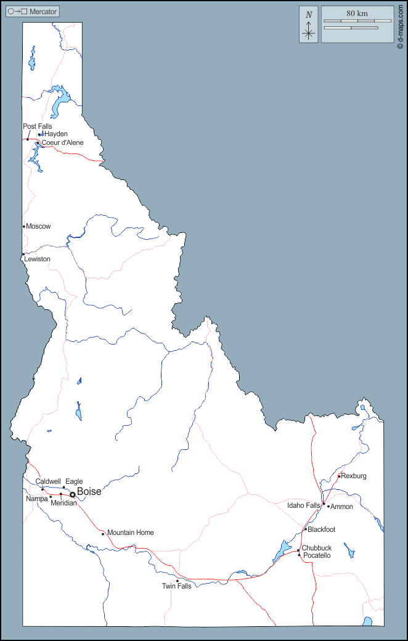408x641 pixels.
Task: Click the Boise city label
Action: (x=89, y=492)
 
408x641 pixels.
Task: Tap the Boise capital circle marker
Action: (x=72, y=494)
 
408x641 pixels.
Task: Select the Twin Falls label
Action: (x=176, y=586)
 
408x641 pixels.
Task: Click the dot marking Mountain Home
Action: (x=103, y=534)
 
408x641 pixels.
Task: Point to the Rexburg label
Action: (x=354, y=476)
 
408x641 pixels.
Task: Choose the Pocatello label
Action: (x=317, y=555)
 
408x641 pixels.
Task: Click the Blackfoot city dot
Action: (x=305, y=529)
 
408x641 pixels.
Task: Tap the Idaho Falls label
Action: (x=304, y=505)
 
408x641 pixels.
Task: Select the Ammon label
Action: (x=342, y=507)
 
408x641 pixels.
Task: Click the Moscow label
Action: (x=38, y=226)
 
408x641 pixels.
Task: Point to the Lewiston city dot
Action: (x=23, y=254)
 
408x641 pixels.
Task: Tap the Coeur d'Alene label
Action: (x=62, y=143)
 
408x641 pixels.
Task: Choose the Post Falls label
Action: (x=37, y=126)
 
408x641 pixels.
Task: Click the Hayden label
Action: (x=56, y=134)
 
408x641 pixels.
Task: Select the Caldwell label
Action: (x=47, y=481)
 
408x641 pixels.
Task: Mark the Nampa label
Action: (x=36, y=499)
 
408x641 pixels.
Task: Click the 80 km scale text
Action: (x=357, y=13)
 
